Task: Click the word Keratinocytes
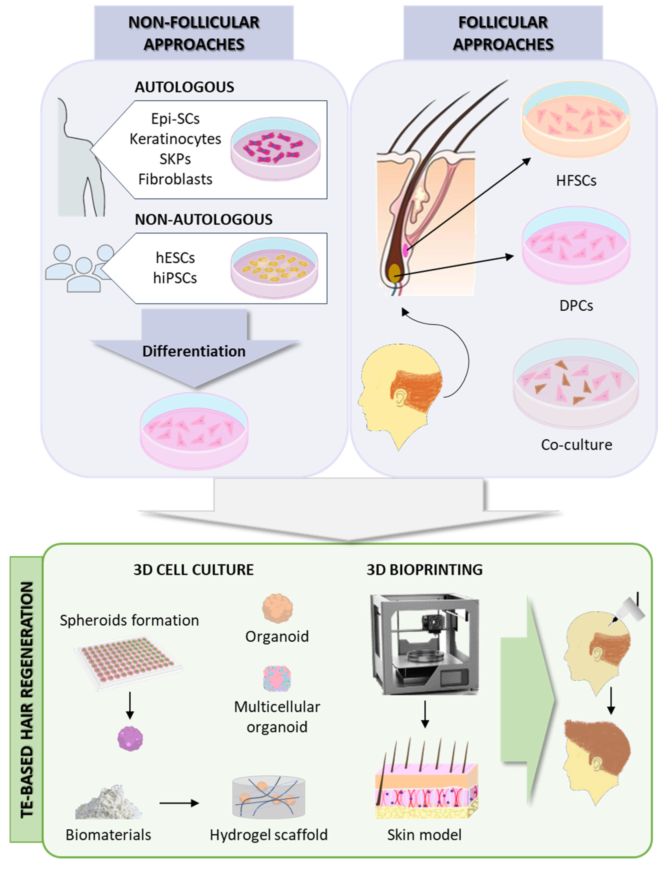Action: tap(175, 139)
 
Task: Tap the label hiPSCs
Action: tap(175, 278)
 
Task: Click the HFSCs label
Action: tap(576, 181)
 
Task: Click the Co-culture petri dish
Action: tap(576, 383)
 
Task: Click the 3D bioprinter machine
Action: tap(425, 644)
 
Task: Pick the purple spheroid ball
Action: tap(130, 739)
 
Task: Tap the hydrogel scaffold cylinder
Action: tap(268, 797)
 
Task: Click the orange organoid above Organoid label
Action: tap(277, 608)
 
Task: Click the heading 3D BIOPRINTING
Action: tap(425, 570)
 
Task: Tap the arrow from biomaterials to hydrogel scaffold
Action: tap(179, 803)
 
